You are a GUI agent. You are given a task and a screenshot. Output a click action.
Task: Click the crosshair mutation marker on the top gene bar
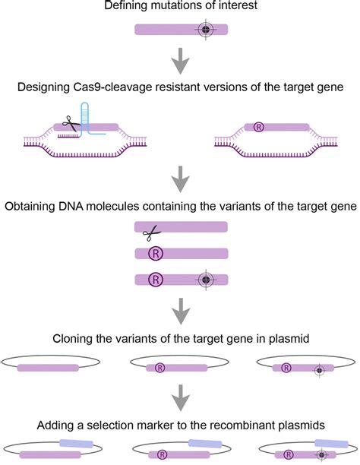204,30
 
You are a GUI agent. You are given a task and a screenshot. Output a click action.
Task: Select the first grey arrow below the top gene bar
180,62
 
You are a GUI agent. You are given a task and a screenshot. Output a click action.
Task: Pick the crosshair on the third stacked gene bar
204,280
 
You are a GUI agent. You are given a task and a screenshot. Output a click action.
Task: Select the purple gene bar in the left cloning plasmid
48,369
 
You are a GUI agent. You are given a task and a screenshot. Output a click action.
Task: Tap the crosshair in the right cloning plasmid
320,370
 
